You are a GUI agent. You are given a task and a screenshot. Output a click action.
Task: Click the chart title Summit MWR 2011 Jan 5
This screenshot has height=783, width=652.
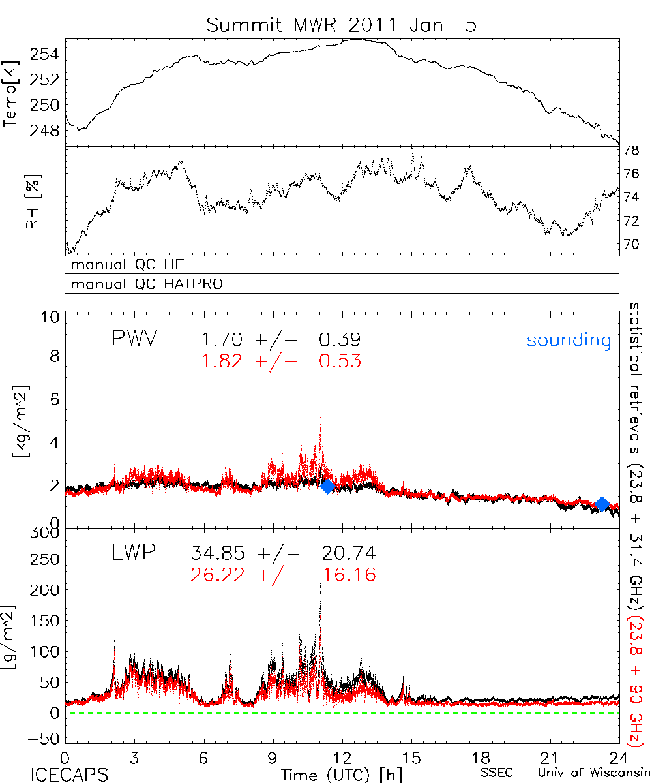point(341,25)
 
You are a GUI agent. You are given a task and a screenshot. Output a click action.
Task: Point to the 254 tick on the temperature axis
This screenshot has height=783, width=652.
point(44,54)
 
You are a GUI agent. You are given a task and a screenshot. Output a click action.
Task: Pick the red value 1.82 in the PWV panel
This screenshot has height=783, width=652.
point(224,361)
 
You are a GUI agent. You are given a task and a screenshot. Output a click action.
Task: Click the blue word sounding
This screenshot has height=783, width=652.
point(569,340)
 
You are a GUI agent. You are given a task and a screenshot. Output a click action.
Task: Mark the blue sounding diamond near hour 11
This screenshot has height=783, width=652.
point(327,485)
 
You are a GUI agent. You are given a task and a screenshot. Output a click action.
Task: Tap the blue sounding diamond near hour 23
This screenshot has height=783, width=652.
point(602,504)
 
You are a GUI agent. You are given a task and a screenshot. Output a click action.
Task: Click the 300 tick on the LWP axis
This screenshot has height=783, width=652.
point(46,532)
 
